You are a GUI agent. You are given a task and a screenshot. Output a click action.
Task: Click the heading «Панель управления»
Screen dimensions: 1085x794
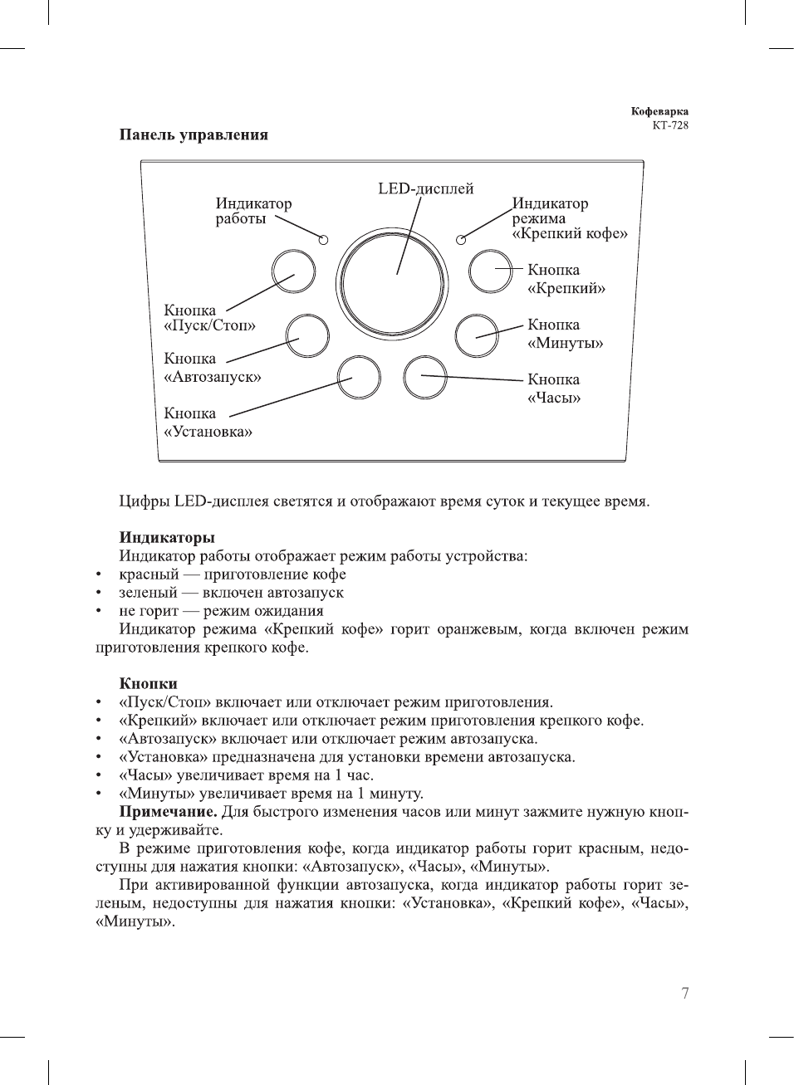tap(194, 134)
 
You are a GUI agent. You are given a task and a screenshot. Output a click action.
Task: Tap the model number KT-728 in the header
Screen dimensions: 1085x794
tap(669, 125)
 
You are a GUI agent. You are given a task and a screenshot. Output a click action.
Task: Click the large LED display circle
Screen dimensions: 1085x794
tap(394, 282)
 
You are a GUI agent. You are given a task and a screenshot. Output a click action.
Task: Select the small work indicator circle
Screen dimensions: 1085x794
tap(323, 240)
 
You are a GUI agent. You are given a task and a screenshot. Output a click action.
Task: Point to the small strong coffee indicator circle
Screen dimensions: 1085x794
tap(461, 241)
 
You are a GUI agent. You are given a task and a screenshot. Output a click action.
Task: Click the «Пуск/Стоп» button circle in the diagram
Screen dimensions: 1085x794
tap(293, 271)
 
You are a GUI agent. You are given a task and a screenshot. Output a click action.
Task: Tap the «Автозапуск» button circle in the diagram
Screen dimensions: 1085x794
tap(307, 335)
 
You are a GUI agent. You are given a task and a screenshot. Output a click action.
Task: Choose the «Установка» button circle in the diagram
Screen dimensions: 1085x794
tap(359, 377)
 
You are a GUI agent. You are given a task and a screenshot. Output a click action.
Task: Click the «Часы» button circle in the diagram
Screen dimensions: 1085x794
tap(424, 377)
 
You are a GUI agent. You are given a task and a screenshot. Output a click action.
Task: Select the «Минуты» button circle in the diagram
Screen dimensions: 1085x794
tap(478, 335)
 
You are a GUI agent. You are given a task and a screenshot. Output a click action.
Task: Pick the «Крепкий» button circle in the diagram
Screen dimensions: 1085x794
tap(490, 271)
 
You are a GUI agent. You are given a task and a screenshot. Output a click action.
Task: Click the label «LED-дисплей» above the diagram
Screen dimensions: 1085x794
tap(426, 188)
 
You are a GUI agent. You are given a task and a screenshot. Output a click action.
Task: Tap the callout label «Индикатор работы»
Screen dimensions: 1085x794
tap(252, 211)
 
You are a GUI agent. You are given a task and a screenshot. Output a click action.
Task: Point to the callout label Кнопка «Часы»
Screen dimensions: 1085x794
tap(554, 389)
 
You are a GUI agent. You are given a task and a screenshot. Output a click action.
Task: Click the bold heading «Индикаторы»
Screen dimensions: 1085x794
tap(167, 537)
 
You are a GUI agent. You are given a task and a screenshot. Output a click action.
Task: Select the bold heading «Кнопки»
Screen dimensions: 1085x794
tap(148, 683)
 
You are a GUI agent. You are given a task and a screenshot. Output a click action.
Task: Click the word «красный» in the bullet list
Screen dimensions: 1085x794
tap(149, 574)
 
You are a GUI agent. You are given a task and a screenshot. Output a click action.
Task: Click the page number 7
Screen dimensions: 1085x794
tap(684, 993)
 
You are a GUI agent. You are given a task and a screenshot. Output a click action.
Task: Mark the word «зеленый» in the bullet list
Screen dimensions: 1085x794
tap(148, 593)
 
